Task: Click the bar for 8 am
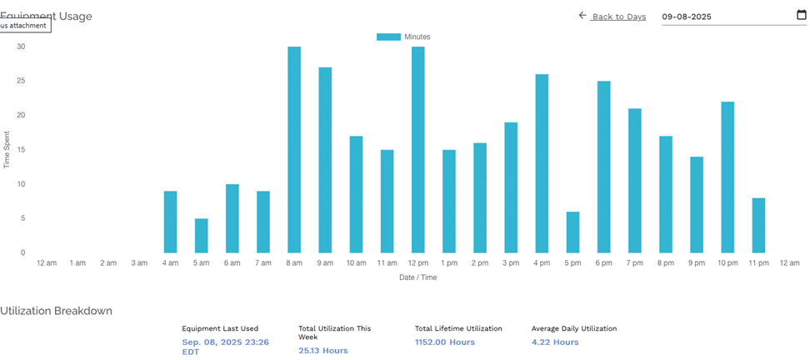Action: pos(294,150)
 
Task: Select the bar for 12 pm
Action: pos(417,150)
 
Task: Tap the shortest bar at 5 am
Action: pos(201,236)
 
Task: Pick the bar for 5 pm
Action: pos(572,232)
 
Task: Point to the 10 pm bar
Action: pos(727,177)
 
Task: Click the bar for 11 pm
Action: pos(758,225)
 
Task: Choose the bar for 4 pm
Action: pos(542,163)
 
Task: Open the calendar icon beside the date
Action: pos(802,15)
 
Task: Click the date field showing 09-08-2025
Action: pos(717,17)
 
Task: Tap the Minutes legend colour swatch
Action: pos(388,37)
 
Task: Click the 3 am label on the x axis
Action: pos(139,263)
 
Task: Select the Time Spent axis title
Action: pos(7,150)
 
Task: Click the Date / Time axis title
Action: pos(417,277)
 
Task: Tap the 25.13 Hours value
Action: pos(323,351)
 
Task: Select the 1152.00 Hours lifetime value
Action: pos(445,342)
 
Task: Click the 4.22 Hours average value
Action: pos(555,342)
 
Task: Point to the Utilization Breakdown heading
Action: pos(56,311)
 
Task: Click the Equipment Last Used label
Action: pos(220,328)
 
